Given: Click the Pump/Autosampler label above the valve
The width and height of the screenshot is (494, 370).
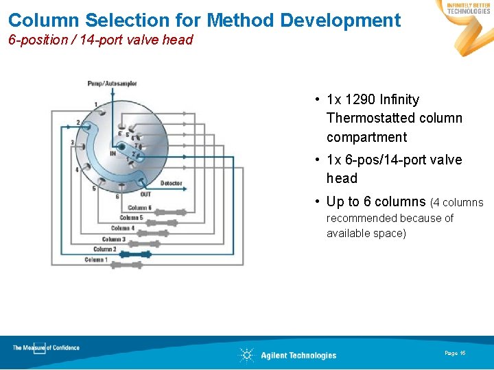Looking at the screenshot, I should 112,84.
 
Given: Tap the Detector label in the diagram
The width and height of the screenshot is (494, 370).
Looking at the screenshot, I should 172,183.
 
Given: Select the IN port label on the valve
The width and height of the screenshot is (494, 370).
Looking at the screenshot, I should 113,153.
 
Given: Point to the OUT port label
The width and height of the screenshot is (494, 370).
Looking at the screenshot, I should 145,195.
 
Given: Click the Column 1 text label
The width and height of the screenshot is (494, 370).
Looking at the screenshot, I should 95,260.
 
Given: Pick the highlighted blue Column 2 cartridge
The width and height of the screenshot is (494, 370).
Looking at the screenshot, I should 137,254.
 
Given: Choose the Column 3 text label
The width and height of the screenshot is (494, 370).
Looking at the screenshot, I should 113,239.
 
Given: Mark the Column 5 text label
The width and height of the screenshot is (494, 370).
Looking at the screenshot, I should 131,218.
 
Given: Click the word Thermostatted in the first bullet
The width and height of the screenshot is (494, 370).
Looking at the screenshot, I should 368,119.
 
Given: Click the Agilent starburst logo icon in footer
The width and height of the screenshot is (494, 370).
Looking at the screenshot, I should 246,355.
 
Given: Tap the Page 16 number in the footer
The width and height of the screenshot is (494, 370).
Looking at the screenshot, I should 455,353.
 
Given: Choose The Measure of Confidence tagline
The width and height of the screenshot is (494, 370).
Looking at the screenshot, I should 46,348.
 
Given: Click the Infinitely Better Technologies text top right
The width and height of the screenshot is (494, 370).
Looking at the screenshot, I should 468,8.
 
